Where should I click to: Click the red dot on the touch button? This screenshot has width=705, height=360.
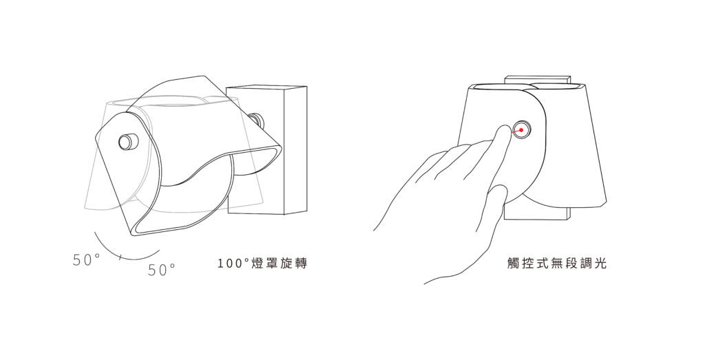point(521,130)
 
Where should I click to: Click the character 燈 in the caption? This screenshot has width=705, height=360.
point(257,264)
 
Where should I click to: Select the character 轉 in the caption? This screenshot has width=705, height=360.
point(301,264)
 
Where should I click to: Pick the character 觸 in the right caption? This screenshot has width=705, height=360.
point(513,264)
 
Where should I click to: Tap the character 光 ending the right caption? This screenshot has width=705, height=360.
point(600,264)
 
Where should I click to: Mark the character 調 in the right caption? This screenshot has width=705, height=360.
point(587,264)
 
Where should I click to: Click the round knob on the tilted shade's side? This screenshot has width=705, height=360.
point(127,142)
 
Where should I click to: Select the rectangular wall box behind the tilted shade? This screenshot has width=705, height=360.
point(267,149)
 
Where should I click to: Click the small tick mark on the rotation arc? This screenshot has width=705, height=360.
point(120,257)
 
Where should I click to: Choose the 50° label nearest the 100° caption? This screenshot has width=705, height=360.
point(161,270)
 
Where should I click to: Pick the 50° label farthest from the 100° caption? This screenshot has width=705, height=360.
point(86,260)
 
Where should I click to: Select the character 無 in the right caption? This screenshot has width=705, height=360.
point(556,264)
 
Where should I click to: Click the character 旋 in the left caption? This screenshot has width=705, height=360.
point(286,264)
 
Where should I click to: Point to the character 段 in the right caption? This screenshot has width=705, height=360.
point(571,264)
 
